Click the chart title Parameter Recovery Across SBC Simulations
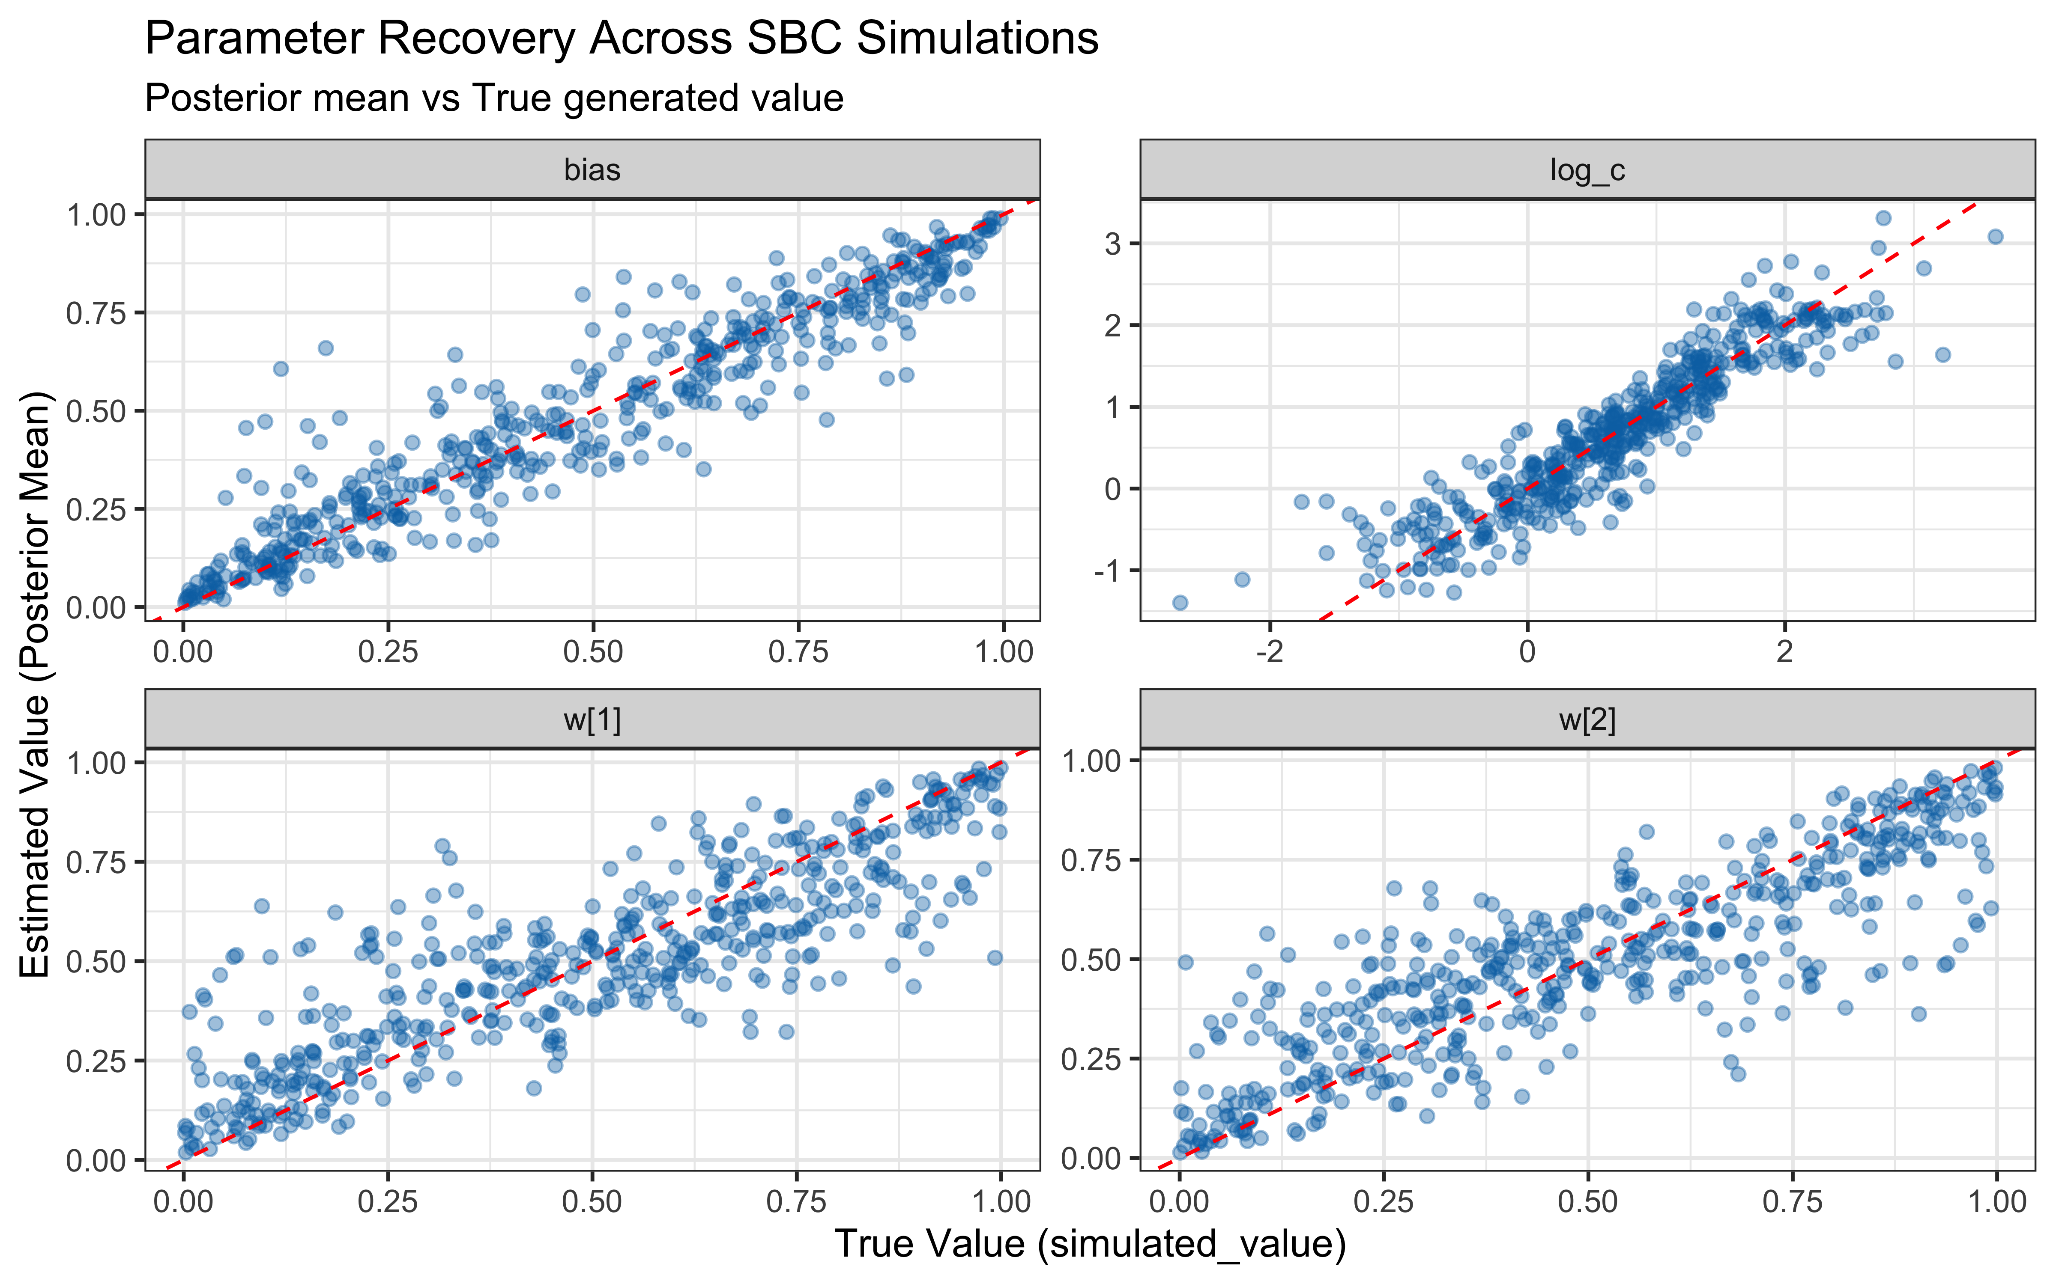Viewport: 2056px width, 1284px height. (x=622, y=39)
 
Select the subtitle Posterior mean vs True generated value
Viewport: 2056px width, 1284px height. (x=493, y=98)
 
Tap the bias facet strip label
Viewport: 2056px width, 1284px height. (x=592, y=170)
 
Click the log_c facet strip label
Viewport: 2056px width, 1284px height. (x=1587, y=170)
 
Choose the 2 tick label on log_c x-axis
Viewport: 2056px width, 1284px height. (x=1785, y=652)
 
